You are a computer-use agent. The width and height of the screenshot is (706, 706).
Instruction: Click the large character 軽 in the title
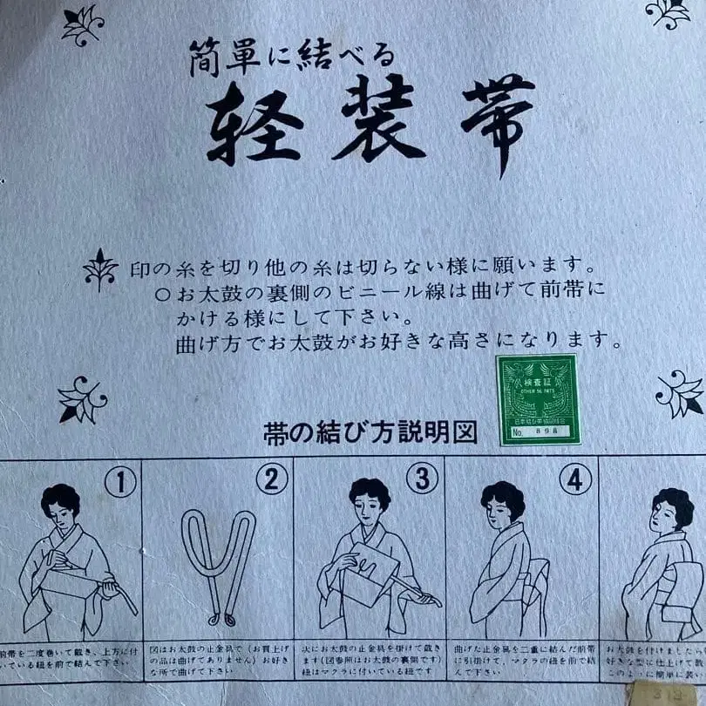click(x=255, y=121)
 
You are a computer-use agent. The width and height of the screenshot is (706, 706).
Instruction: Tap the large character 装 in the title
click(x=378, y=121)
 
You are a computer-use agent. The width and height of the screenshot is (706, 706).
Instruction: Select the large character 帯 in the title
click(x=498, y=122)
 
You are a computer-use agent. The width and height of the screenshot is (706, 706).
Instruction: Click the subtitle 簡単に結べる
click(x=293, y=60)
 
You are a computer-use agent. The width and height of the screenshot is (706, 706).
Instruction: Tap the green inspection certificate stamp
click(x=538, y=399)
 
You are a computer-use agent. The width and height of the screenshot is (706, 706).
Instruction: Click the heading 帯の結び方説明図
click(x=370, y=433)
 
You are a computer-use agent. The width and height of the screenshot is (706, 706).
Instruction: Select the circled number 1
click(x=120, y=481)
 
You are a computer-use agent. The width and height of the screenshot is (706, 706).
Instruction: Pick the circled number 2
click(x=271, y=479)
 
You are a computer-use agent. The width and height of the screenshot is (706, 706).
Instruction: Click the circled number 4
click(x=575, y=479)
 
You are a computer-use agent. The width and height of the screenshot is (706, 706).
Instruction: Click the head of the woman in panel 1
click(x=61, y=505)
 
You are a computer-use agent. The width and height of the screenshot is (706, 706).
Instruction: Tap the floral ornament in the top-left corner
click(x=83, y=24)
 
